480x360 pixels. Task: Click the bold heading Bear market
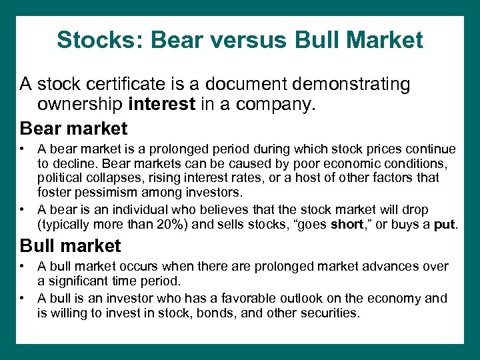(x=73, y=127)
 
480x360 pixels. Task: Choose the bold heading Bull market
(x=71, y=245)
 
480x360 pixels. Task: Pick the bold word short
(x=347, y=224)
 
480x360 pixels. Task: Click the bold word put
(x=444, y=224)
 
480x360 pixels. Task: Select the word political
(x=60, y=178)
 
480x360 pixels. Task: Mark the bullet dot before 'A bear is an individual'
(x=23, y=209)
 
